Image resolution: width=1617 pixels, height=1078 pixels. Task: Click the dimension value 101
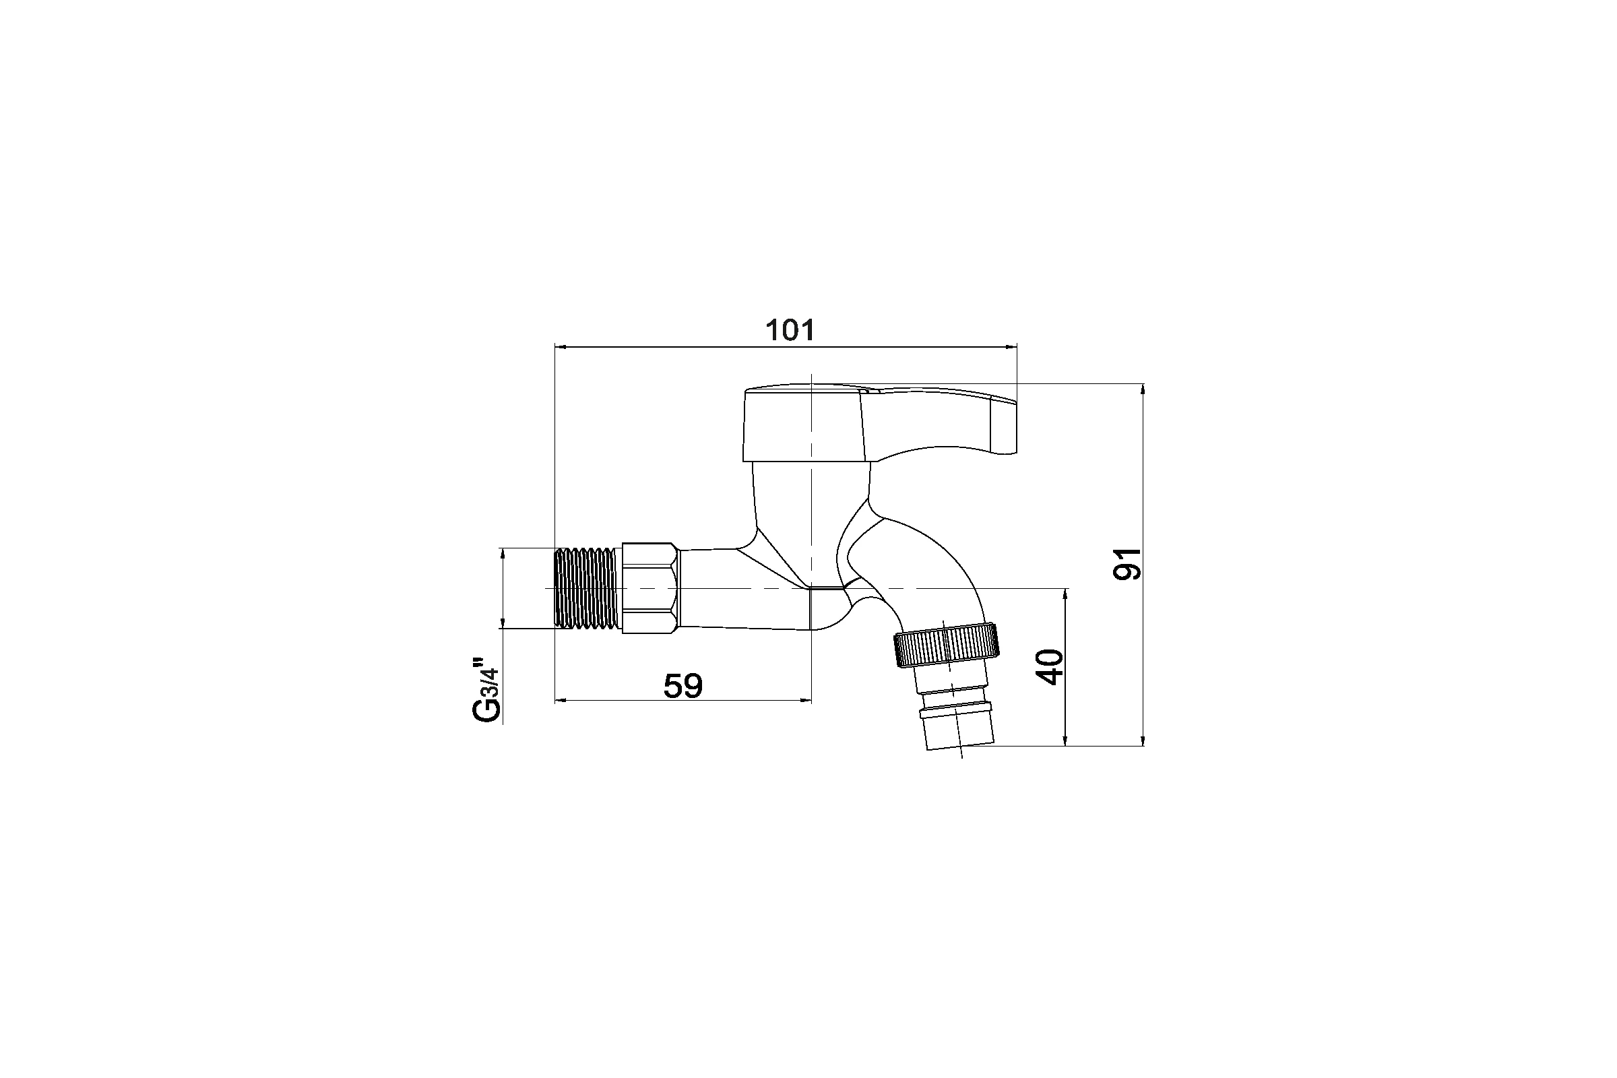(790, 331)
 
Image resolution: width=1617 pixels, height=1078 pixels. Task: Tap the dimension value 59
(683, 686)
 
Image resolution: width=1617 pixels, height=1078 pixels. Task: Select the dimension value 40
(1050, 666)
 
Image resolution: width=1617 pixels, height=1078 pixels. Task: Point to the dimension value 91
(1127, 564)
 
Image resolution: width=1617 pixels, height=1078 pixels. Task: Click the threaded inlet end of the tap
(588, 588)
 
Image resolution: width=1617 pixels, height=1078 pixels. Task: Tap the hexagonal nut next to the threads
(650, 588)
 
